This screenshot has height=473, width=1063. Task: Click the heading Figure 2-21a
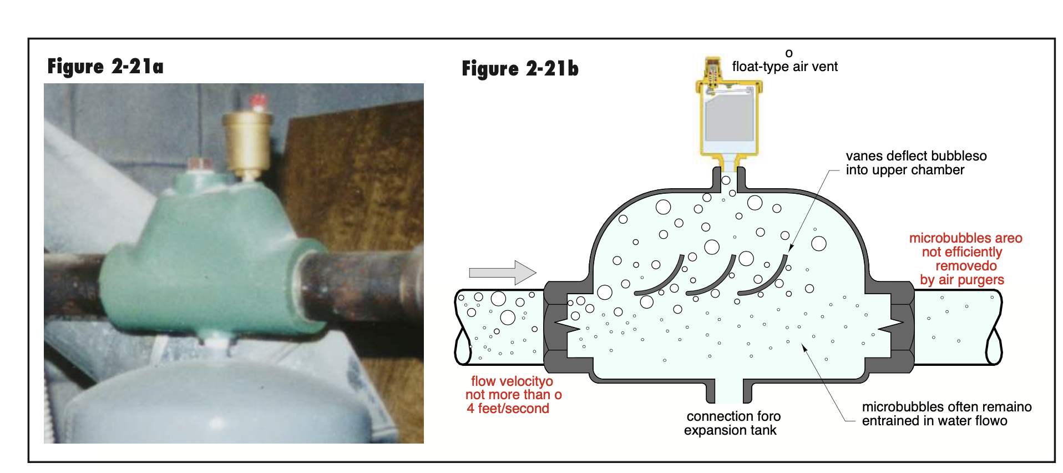click(x=105, y=67)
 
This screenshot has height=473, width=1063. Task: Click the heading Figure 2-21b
click(x=520, y=69)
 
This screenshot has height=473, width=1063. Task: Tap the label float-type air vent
click(x=784, y=67)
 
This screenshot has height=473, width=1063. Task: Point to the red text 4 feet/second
click(x=508, y=409)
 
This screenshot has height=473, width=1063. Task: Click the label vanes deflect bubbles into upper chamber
click(x=916, y=163)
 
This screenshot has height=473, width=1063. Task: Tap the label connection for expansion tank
click(x=732, y=423)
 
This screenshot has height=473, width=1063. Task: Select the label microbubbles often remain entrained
click(x=946, y=414)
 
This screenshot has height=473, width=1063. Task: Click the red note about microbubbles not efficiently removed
click(x=965, y=259)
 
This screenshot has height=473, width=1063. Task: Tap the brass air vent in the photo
click(x=247, y=139)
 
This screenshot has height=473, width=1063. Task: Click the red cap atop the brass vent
click(x=257, y=102)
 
